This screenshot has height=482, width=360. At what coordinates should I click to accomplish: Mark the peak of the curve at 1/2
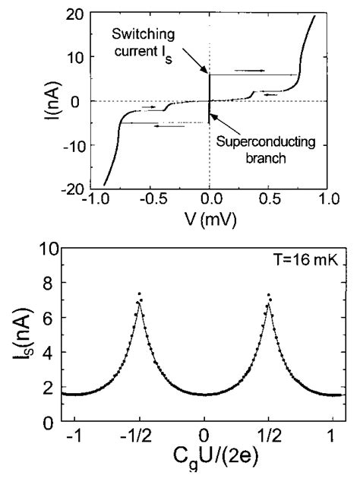pos(268,293)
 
